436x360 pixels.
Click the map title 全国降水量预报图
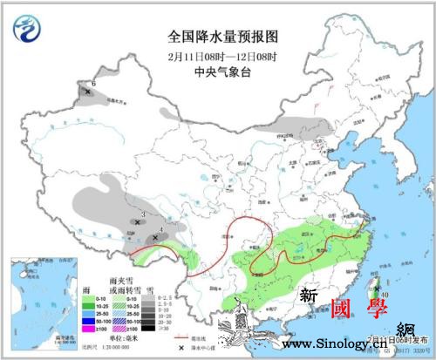[x=221, y=36]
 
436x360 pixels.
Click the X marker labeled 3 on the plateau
[x=137, y=222]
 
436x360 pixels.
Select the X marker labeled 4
[x=154, y=236]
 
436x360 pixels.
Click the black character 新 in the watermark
[x=308, y=296]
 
